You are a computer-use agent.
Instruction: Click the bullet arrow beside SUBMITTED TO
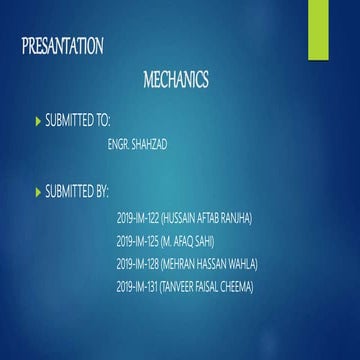[38, 120]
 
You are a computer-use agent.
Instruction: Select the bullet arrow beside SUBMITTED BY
[38, 190]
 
